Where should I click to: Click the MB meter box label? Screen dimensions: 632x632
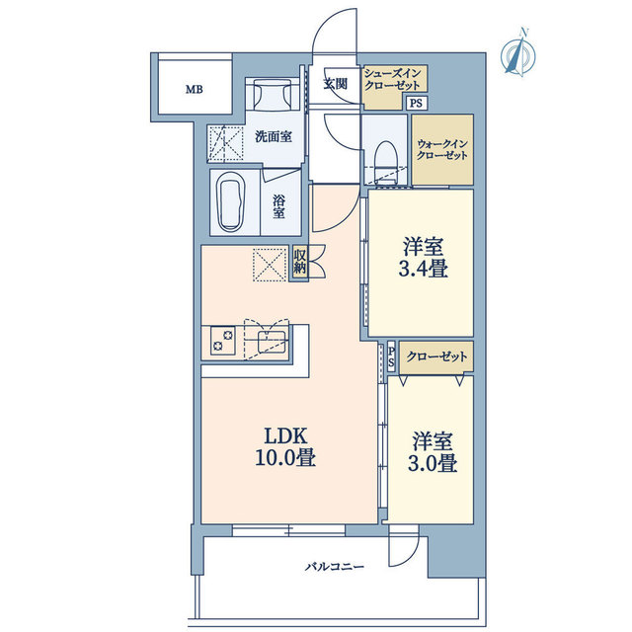(x=194, y=90)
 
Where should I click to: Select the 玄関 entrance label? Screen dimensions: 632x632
(x=336, y=83)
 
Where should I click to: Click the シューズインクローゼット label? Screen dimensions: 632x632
(x=392, y=79)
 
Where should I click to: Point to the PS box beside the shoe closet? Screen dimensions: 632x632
(x=416, y=103)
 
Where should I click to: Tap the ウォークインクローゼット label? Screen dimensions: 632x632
(x=441, y=150)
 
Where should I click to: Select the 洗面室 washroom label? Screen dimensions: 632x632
(x=274, y=137)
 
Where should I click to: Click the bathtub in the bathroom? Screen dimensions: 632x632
(x=231, y=201)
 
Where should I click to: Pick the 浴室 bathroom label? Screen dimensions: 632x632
(x=278, y=206)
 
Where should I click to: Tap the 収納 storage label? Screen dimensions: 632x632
(x=299, y=262)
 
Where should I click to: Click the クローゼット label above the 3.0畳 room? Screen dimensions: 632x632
(x=436, y=356)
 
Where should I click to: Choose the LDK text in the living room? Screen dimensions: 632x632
(x=285, y=435)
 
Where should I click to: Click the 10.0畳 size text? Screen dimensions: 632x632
(x=285, y=458)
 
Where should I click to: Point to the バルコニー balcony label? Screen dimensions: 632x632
(x=334, y=567)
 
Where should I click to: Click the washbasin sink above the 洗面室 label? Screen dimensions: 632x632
(x=273, y=95)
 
